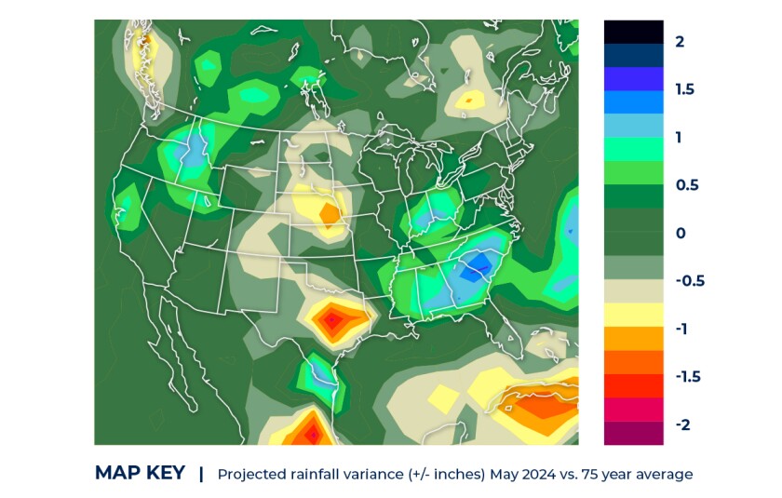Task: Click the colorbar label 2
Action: pos(681,42)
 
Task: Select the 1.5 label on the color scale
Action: pos(685,90)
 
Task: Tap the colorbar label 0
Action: pos(681,233)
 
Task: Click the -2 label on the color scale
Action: pos(682,424)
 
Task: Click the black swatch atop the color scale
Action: pos(633,32)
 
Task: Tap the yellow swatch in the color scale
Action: pos(633,315)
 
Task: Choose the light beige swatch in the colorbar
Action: pos(633,290)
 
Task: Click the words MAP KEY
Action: pos(140,473)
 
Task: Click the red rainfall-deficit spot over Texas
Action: pos(332,321)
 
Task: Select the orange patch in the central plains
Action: pos(330,213)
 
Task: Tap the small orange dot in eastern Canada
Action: pos(470,98)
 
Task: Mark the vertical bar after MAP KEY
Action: pos(201,473)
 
